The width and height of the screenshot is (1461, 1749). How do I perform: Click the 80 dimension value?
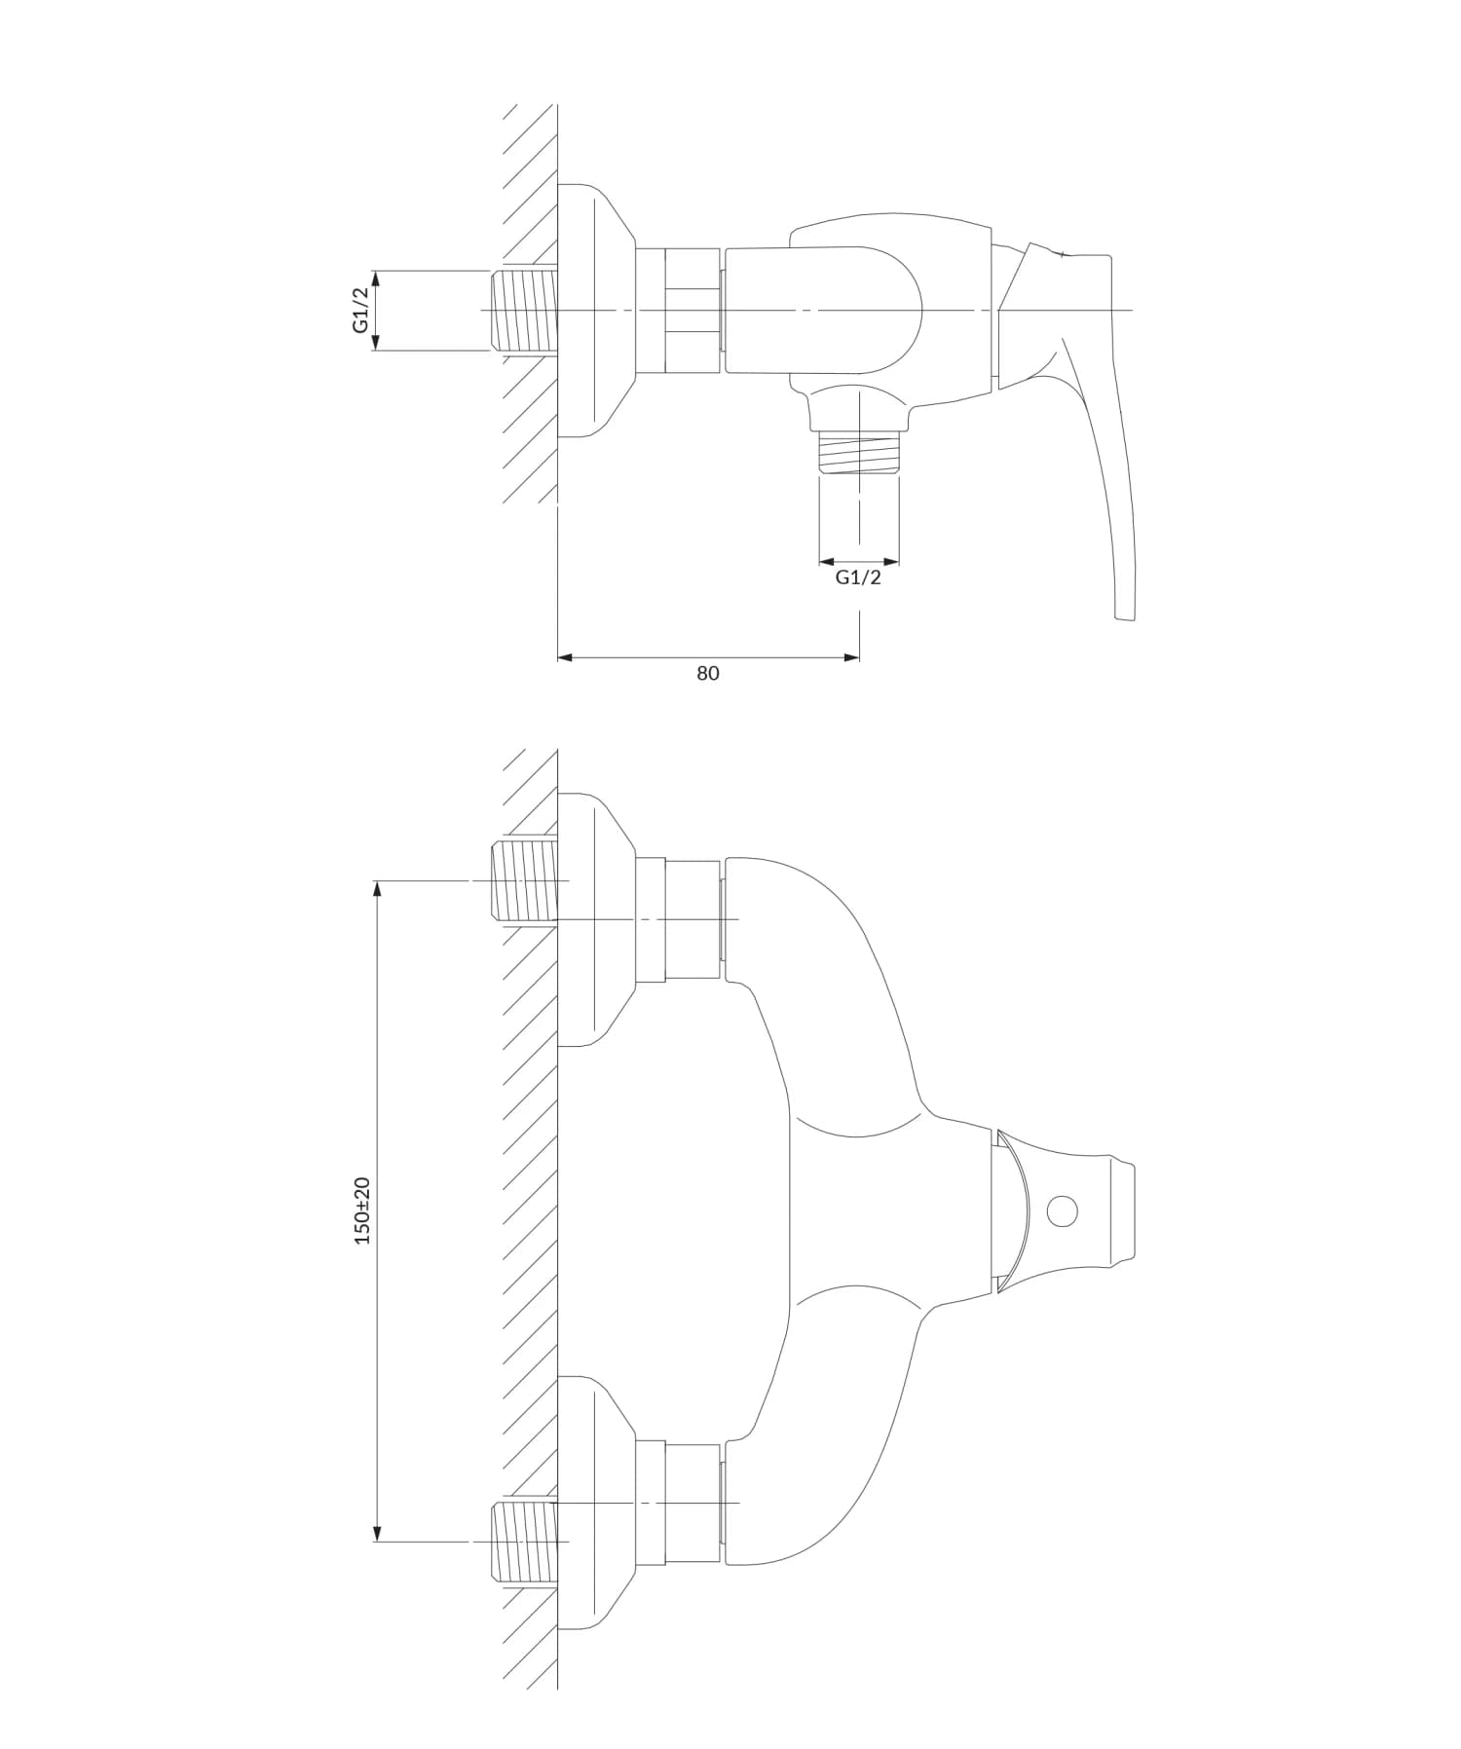point(707,673)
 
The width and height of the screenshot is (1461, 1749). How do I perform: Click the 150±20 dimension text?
point(362,1210)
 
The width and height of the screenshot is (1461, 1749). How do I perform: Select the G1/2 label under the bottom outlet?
point(858,577)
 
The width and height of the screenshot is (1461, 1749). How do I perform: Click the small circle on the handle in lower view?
point(1062,1212)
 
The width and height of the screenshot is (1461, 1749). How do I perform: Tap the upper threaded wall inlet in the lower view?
point(523,880)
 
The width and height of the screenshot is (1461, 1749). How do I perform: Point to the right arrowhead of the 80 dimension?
point(852,658)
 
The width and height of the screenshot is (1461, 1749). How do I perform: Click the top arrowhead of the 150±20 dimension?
point(377,887)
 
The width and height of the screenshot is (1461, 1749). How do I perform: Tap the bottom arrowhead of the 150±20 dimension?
point(377,1536)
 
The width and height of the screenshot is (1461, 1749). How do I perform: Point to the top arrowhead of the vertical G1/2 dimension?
point(377,277)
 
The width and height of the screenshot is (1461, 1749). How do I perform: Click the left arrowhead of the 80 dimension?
point(564,658)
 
